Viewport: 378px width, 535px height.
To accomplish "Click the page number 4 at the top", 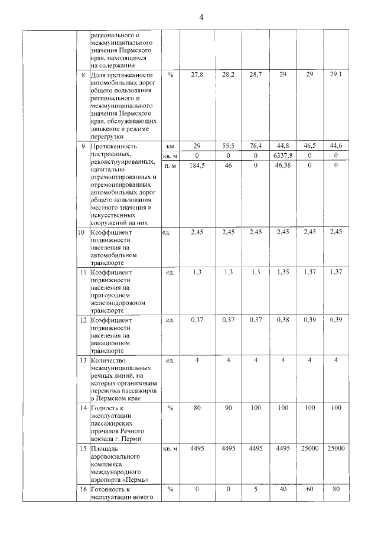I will (x=201, y=17).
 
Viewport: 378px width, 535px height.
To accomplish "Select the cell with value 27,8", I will (x=193, y=75).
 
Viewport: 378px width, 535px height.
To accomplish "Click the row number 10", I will (x=83, y=232).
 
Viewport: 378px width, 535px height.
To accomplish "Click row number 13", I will (x=83, y=359).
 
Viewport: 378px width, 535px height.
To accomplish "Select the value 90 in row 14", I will (x=228, y=407).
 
